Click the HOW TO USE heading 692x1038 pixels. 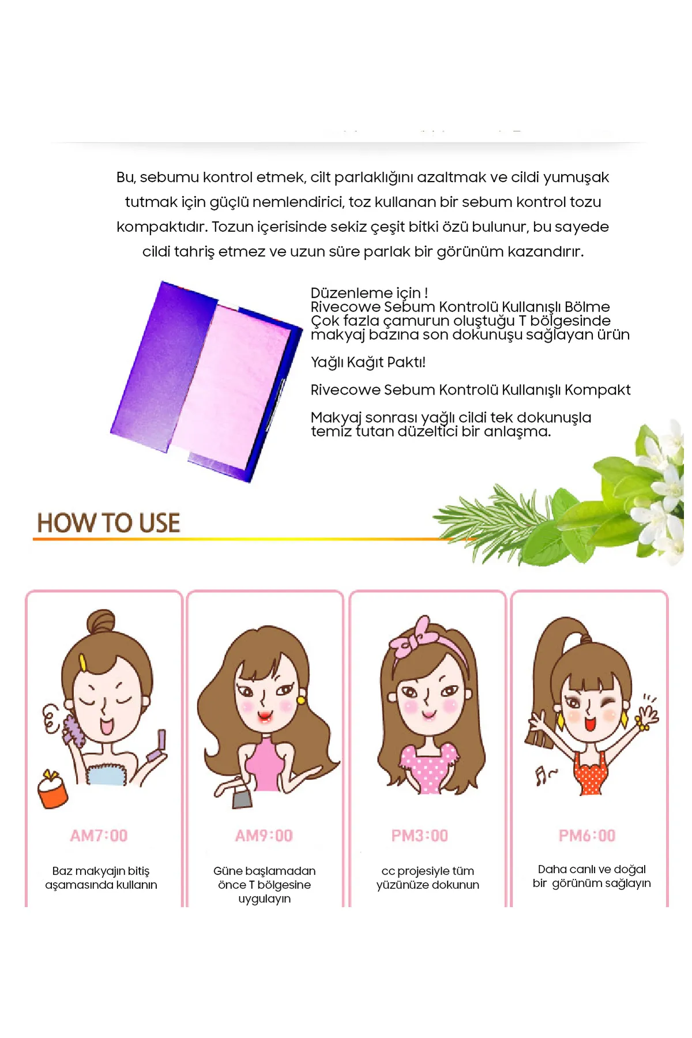[108, 522]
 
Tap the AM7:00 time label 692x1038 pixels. [99, 836]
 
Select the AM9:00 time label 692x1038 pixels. [264, 836]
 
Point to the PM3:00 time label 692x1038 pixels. [419, 836]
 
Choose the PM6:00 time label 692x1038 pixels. [587, 836]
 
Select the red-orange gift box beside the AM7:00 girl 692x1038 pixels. [53, 789]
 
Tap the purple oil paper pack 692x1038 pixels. [206, 381]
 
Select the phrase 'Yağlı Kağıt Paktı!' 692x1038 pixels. [368, 362]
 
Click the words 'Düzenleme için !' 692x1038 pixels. [369, 293]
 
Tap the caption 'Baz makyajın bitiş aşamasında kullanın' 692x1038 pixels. [101, 878]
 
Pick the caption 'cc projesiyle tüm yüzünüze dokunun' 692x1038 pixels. [427, 878]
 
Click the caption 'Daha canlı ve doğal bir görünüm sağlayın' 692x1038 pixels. [592, 876]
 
